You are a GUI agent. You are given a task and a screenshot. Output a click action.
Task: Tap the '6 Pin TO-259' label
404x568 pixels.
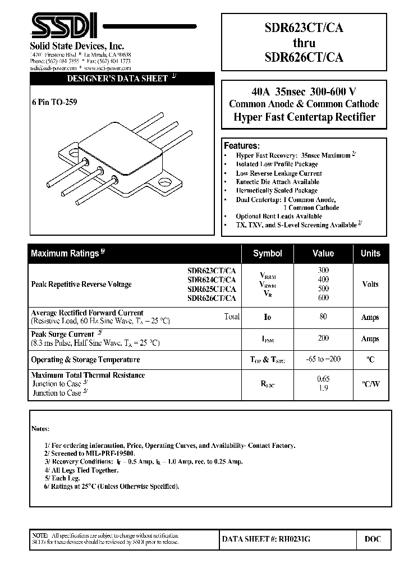[x=54, y=102]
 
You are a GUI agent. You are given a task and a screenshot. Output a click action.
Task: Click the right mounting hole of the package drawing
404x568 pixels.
[x=166, y=182]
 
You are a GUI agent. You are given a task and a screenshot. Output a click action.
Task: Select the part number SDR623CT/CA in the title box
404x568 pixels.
[x=304, y=29]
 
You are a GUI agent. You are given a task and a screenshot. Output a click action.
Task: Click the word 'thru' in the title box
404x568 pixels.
[x=304, y=43]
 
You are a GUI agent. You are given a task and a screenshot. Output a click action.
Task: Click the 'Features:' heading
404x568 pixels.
[x=242, y=145]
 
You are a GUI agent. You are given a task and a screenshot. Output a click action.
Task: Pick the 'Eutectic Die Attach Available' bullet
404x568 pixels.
[x=277, y=182]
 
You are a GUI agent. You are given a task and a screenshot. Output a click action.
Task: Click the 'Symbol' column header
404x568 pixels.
[x=268, y=254]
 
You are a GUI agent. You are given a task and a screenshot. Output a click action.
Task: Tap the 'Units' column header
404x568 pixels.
[x=370, y=254]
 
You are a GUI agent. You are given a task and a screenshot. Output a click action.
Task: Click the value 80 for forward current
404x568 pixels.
[x=323, y=317]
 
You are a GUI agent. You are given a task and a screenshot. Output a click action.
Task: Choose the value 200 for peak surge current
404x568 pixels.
[x=323, y=338]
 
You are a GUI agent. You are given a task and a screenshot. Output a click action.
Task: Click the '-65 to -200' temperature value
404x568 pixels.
[x=323, y=359]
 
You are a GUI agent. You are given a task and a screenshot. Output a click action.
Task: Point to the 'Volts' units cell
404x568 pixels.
[x=370, y=284]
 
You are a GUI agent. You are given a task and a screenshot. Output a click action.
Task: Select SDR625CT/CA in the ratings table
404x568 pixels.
[x=212, y=289]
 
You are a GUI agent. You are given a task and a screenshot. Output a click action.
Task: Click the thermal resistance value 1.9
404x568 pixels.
[x=323, y=388]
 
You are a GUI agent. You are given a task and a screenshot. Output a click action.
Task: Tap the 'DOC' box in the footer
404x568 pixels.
[x=373, y=539]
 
